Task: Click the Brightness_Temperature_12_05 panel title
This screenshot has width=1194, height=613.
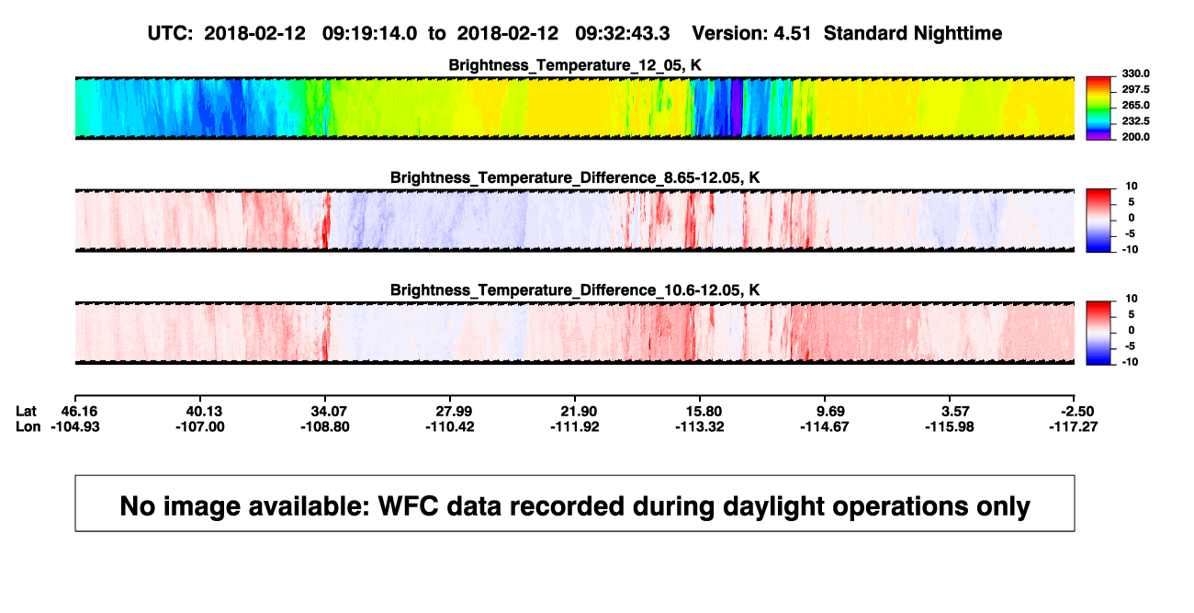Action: (x=575, y=65)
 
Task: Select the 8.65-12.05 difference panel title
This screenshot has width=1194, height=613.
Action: (x=575, y=177)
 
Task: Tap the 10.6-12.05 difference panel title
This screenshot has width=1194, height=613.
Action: (x=575, y=290)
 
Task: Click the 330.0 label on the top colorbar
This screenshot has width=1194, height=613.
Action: (x=1135, y=74)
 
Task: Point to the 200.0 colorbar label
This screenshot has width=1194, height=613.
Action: (x=1135, y=137)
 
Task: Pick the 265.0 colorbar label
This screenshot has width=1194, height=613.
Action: (x=1135, y=105)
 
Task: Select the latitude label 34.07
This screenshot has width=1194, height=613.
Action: (x=329, y=412)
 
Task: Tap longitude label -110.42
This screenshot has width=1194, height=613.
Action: (x=450, y=426)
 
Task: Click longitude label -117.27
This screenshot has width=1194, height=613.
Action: (x=1074, y=426)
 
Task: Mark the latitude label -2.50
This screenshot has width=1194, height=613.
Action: (x=1077, y=412)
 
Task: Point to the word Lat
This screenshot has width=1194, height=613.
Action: (x=26, y=412)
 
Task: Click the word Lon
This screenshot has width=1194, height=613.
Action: (x=28, y=426)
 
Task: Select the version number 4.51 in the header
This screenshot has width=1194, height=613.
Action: (x=793, y=34)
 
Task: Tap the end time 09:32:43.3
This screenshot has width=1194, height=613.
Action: (x=623, y=34)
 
